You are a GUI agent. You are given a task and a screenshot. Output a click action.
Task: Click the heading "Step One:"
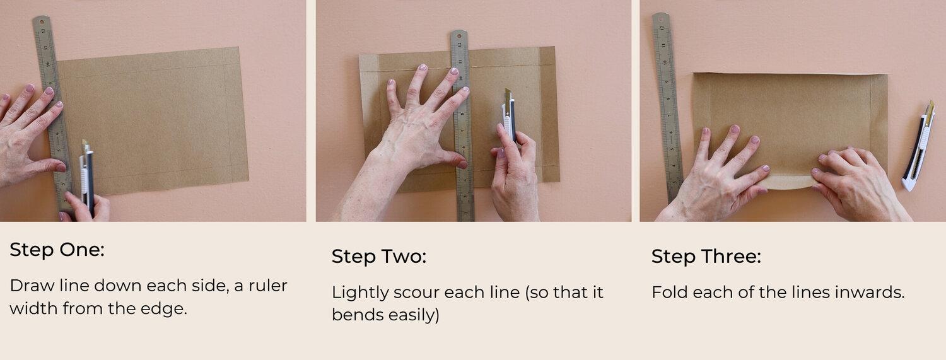coord(57,250)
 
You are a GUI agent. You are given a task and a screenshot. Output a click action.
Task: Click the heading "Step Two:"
coord(379,257)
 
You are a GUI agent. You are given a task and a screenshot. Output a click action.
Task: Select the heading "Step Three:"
coord(706,257)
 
